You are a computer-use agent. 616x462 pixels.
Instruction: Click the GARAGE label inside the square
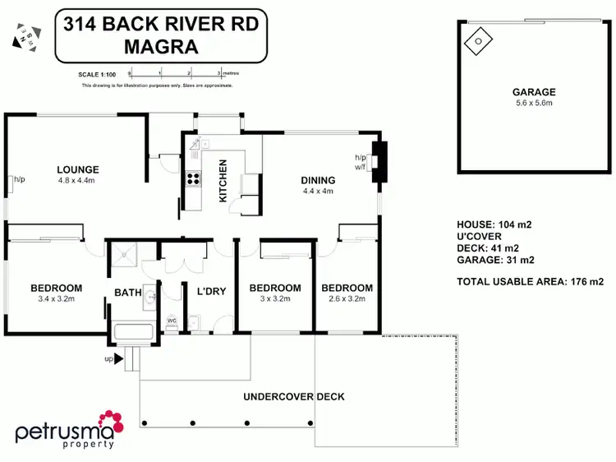[x=534, y=92]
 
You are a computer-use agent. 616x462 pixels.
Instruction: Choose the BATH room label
[x=127, y=292]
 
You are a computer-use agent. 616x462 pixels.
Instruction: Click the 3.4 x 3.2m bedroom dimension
[x=56, y=299]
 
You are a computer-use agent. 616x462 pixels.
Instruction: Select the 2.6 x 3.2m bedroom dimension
[x=347, y=299]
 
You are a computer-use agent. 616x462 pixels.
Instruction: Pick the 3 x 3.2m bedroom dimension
[x=274, y=299]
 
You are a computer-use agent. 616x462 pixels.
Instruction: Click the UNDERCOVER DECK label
[x=293, y=396]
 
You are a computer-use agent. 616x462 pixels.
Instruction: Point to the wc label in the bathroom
[x=172, y=320]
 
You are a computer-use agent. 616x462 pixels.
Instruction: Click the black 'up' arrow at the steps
[x=118, y=358]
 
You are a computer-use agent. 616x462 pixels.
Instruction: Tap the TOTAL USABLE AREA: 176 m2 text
[x=530, y=281]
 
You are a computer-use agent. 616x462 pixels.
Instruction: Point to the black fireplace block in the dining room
[x=378, y=160]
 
